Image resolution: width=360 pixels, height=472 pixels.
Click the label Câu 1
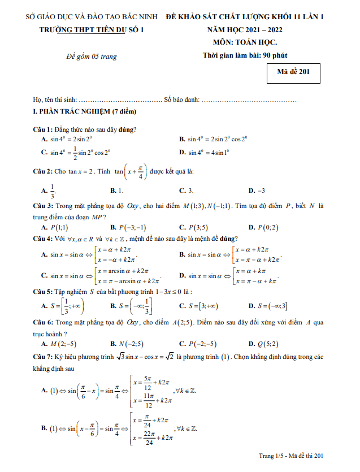pos(43,129)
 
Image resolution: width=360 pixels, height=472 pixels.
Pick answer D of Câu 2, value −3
pos(257,191)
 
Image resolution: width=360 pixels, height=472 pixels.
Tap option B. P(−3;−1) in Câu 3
pos(129,227)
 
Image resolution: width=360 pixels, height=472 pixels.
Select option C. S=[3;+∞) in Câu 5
pos(198,306)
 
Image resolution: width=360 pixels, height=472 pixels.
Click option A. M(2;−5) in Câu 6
pos(59,343)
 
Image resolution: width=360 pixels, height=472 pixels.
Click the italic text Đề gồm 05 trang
pos(91,55)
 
